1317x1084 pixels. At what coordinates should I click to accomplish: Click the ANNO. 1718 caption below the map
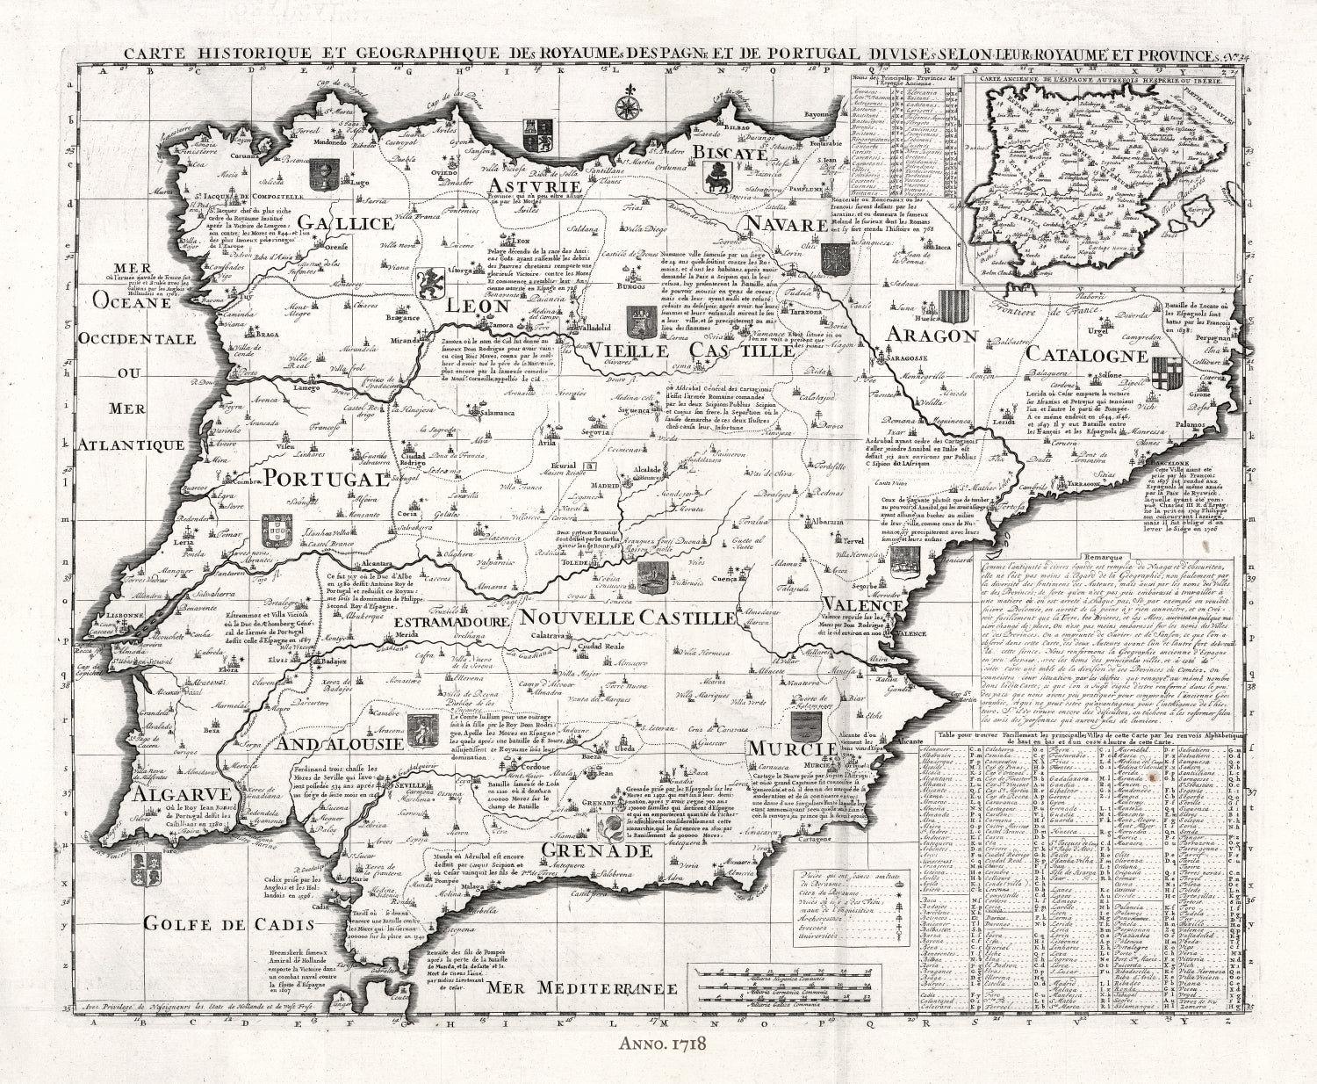tap(657, 1062)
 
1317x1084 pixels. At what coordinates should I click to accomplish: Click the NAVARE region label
tap(788, 226)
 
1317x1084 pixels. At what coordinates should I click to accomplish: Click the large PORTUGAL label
tap(327, 479)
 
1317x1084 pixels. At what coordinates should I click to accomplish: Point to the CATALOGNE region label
tap(1086, 356)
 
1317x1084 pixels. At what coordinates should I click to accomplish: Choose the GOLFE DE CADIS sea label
tap(228, 923)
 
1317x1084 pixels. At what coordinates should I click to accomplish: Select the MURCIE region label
tap(791, 748)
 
